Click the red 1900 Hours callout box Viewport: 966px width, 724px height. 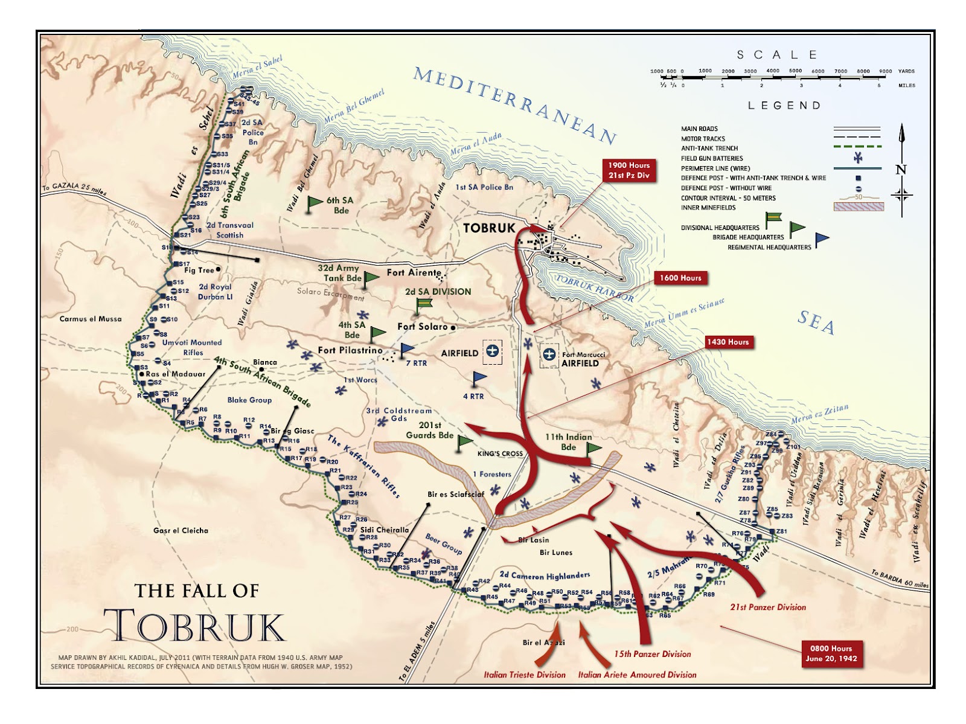pyautogui.click(x=629, y=170)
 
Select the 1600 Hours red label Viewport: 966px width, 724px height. pyautogui.click(x=680, y=278)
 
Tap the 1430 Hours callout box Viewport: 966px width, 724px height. pyautogui.click(x=728, y=342)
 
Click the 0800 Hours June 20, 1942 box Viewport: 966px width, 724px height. pyautogui.click(x=831, y=653)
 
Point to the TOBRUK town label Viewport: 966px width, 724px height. pyautogui.click(x=489, y=228)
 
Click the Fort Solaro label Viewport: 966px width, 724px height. pyautogui.click(x=423, y=327)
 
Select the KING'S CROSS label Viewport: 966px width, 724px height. pyautogui.click(x=500, y=453)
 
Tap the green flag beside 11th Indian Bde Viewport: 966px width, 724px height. pyautogui.click(x=594, y=447)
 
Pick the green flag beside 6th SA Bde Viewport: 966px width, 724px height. pyautogui.click(x=315, y=202)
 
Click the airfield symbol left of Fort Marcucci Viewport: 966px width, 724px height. pyautogui.click(x=549, y=354)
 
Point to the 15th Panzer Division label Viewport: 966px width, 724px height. pyautogui.click(x=652, y=654)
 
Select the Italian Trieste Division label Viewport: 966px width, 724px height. pyautogui.click(x=524, y=674)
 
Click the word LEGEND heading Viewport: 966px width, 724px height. pyautogui.click(x=784, y=106)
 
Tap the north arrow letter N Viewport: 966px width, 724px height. pyautogui.click(x=901, y=170)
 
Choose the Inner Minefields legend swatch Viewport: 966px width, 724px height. pyautogui.click(x=858, y=207)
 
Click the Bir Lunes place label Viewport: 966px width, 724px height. pyautogui.click(x=555, y=553)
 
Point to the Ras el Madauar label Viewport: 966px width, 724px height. pyautogui.click(x=175, y=374)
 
